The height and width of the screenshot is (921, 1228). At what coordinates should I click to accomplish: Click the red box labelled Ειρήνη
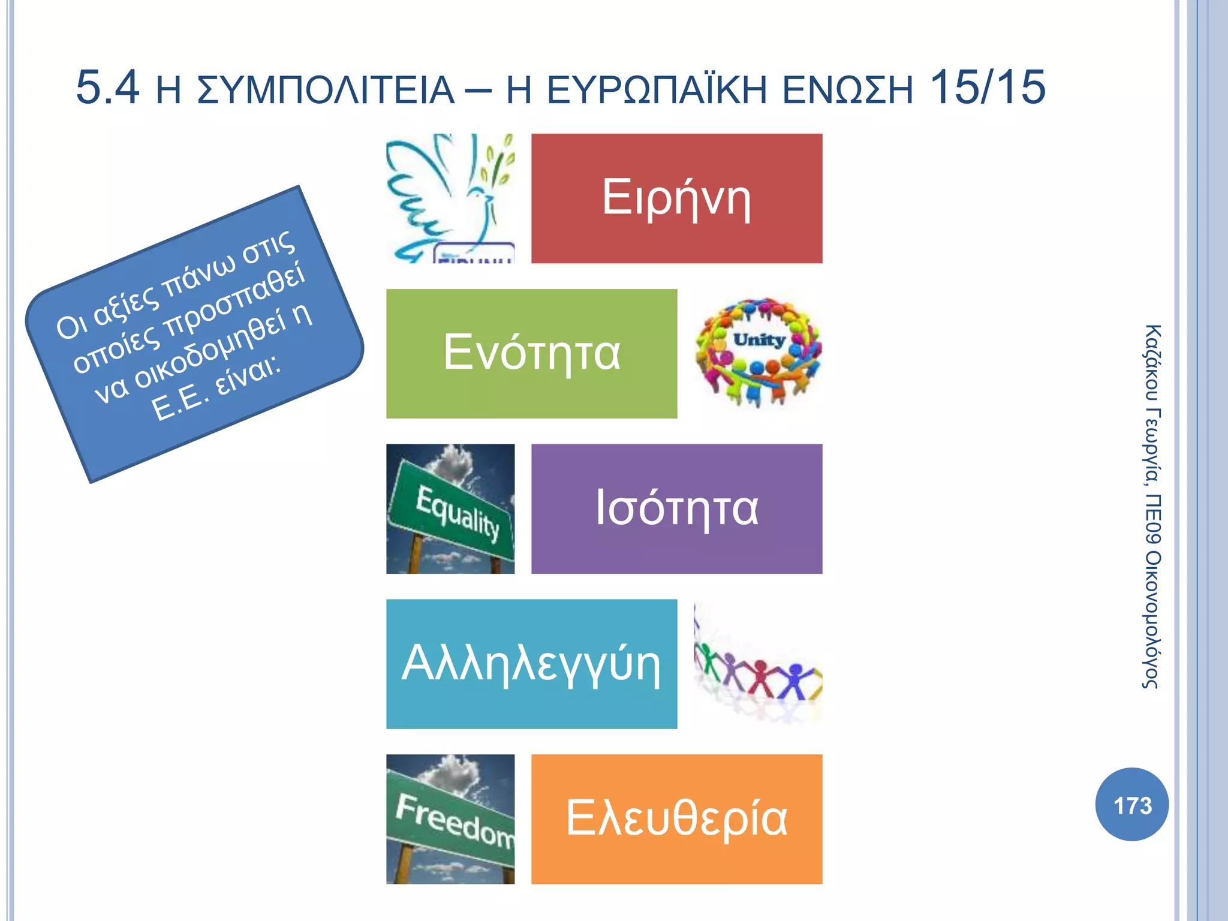click(x=676, y=198)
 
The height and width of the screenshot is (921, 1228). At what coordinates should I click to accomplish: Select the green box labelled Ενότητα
click(x=531, y=353)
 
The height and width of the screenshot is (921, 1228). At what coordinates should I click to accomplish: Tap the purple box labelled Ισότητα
click(x=676, y=508)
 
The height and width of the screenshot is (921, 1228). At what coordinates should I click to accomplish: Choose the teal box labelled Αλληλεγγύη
click(x=531, y=664)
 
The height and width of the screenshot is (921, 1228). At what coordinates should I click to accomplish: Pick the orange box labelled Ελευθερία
click(x=676, y=819)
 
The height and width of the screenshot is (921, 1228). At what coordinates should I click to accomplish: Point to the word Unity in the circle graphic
click(x=759, y=340)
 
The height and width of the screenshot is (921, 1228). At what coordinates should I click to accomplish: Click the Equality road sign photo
click(x=450, y=508)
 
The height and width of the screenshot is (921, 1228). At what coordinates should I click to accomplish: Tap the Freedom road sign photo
click(x=450, y=819)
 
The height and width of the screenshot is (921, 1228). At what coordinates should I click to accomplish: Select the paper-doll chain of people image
click(x=758, y=675)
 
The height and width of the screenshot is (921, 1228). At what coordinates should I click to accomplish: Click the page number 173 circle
click(x=1131, y=805)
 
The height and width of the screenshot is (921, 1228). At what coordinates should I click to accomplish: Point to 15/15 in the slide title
click(x=987, y=88)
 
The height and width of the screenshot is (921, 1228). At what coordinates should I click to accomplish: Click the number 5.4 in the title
click(x=108, y=88)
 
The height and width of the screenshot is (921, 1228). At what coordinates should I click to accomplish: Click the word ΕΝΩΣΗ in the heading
click(x=848, y=91)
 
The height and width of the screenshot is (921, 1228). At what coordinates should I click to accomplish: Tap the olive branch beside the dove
click(x=498, y=162)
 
